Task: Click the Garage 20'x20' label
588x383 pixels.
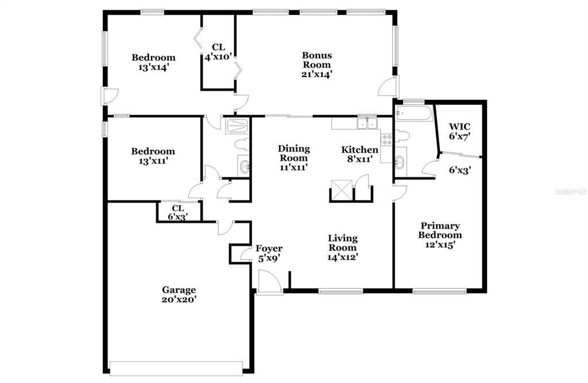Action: [179, 295]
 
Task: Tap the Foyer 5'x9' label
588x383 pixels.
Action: [269, 253]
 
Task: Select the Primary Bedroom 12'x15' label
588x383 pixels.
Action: [440, 235]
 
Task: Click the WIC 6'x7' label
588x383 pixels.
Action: [459, 131]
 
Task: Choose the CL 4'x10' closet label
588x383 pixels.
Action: [218, 52]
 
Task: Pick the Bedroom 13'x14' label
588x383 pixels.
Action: [153, 62]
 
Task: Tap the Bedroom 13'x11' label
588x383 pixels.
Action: [153, 156]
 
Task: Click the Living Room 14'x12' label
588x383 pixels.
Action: [343, 247]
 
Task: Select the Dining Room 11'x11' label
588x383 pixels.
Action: [293, 158]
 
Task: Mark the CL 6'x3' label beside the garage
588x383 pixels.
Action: [178, 212]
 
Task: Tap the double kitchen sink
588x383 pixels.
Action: [366, 123]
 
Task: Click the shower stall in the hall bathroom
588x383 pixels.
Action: [237, 126]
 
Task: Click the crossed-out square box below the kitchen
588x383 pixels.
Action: [341, 189]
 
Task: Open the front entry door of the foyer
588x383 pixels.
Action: [268, 284]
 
